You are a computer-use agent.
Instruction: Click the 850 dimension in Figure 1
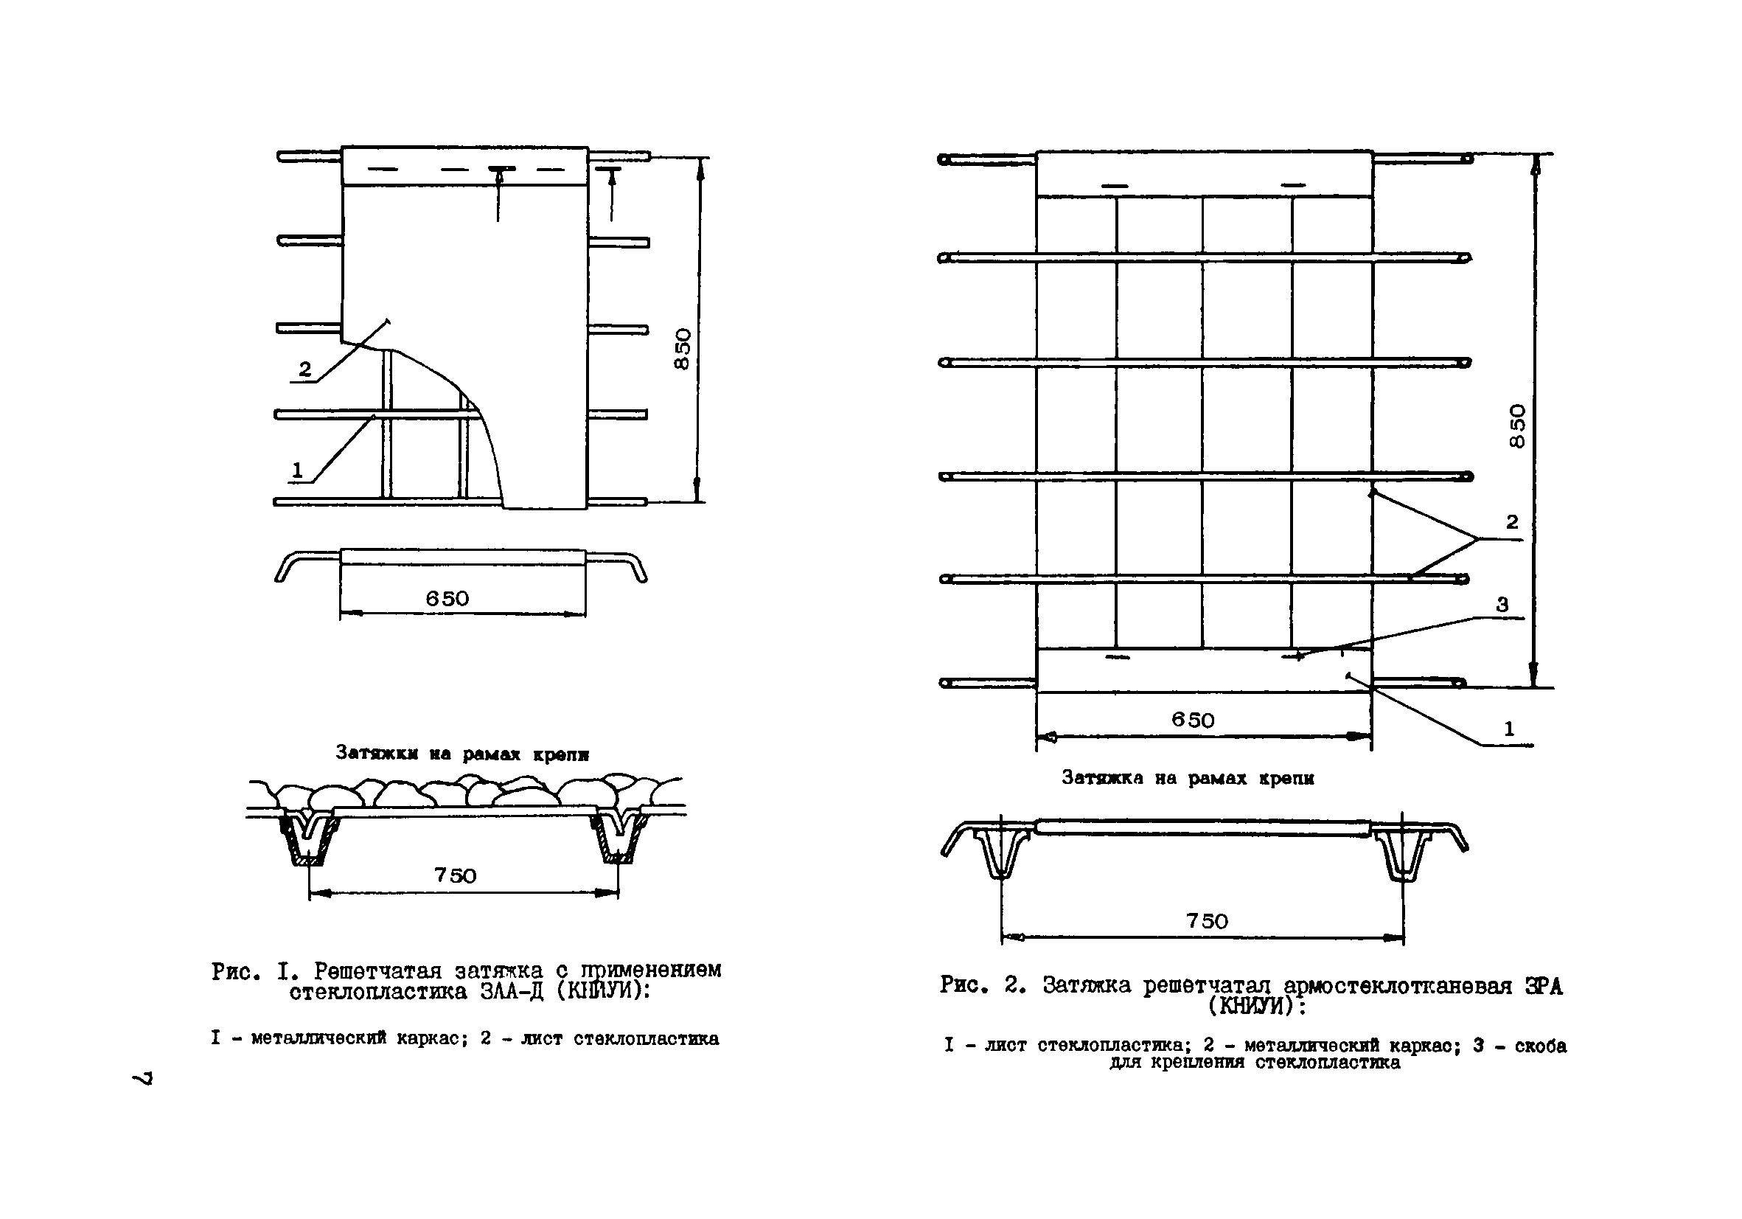[683, 348]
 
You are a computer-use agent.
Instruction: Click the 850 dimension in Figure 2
[1516, 426]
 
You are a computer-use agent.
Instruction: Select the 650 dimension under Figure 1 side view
[447, 599]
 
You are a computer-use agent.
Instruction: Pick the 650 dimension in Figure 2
[1193, 720]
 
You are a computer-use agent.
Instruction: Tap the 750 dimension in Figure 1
[456, 875]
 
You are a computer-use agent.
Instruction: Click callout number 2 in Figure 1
[305, 369]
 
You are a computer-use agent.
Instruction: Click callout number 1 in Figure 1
[297, 470]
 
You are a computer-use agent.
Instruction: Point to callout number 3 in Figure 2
[1502, 605]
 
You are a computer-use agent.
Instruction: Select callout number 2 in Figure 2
[1512, 522]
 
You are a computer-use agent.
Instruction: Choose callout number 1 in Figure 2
[1509, 729]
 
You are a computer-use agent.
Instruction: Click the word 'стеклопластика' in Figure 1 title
[378, 992]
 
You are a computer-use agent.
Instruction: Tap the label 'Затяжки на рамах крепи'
[462, 754]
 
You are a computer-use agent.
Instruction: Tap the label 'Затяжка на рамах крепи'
[1188, 778]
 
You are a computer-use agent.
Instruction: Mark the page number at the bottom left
[142, 1078]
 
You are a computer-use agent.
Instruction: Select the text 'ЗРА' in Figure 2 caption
[1544, 986]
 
